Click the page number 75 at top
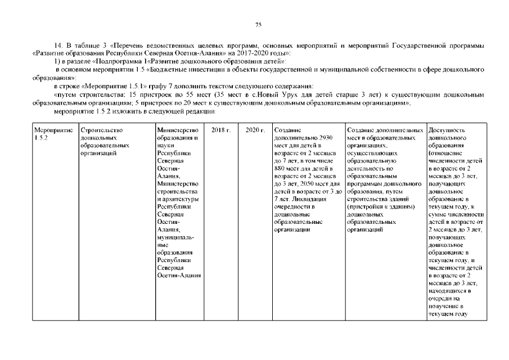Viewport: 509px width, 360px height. (x=259, y=24)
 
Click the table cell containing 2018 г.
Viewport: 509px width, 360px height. (x=221, y=130)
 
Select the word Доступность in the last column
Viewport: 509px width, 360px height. (x=447, y=130)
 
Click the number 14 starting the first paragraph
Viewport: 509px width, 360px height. (x=57, y=44)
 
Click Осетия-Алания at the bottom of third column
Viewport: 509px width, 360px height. (x=179, y=275)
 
